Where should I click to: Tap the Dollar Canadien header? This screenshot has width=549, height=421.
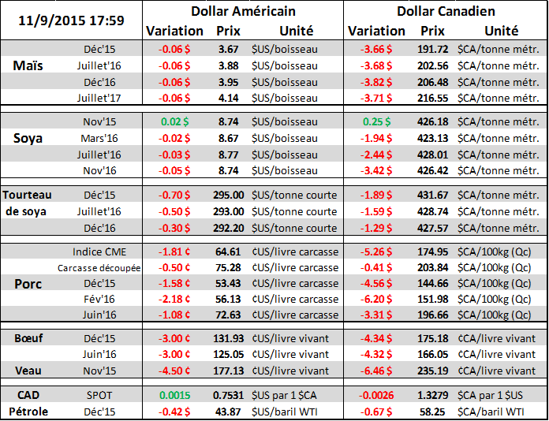tap(446, 11)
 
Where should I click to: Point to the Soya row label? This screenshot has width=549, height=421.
tap(30, 137)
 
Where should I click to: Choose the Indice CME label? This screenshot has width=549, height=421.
tap(99, 251)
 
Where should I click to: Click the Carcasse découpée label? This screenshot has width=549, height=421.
tap(99, 267)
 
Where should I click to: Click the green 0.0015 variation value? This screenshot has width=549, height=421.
tap(174, 395)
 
